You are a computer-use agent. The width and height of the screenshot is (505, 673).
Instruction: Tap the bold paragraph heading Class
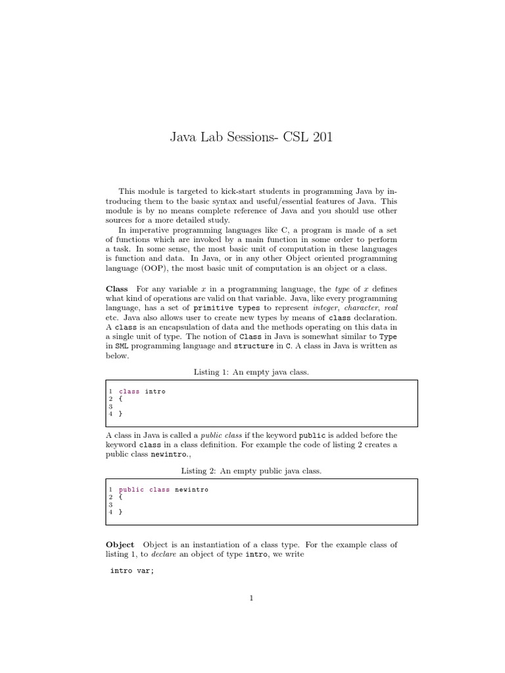pos(117,290)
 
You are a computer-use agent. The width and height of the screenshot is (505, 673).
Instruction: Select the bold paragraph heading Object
pos(120,545)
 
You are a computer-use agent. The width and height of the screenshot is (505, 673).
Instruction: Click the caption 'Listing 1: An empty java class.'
pos(251,372)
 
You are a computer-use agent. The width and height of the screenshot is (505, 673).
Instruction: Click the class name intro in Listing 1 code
pos(155,391)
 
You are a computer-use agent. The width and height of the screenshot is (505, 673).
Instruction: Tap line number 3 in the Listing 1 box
pos(111,406)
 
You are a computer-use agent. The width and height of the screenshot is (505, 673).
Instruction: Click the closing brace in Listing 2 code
pos(120,512)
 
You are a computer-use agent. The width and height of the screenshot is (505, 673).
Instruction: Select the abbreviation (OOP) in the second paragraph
pos(155,269)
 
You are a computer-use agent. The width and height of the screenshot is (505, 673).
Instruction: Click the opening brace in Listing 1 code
pos(120,399)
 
